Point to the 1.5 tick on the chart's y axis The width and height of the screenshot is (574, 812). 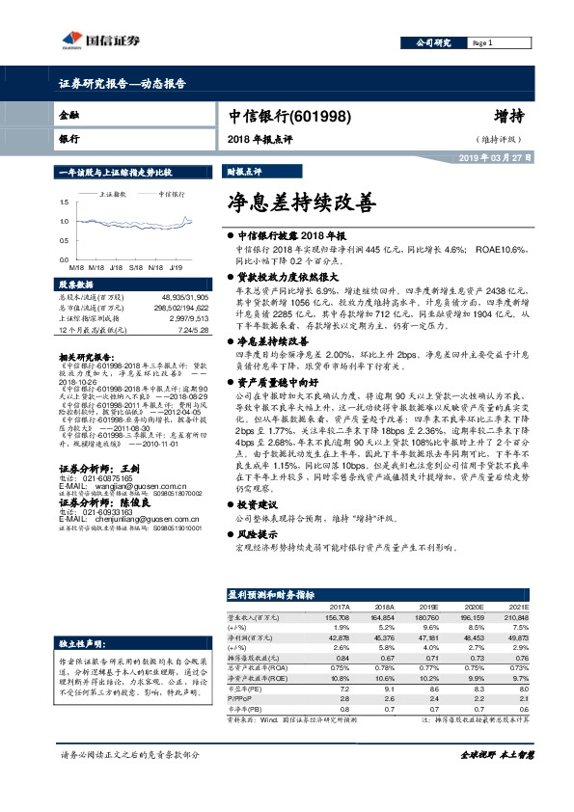(x=63, y=203)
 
